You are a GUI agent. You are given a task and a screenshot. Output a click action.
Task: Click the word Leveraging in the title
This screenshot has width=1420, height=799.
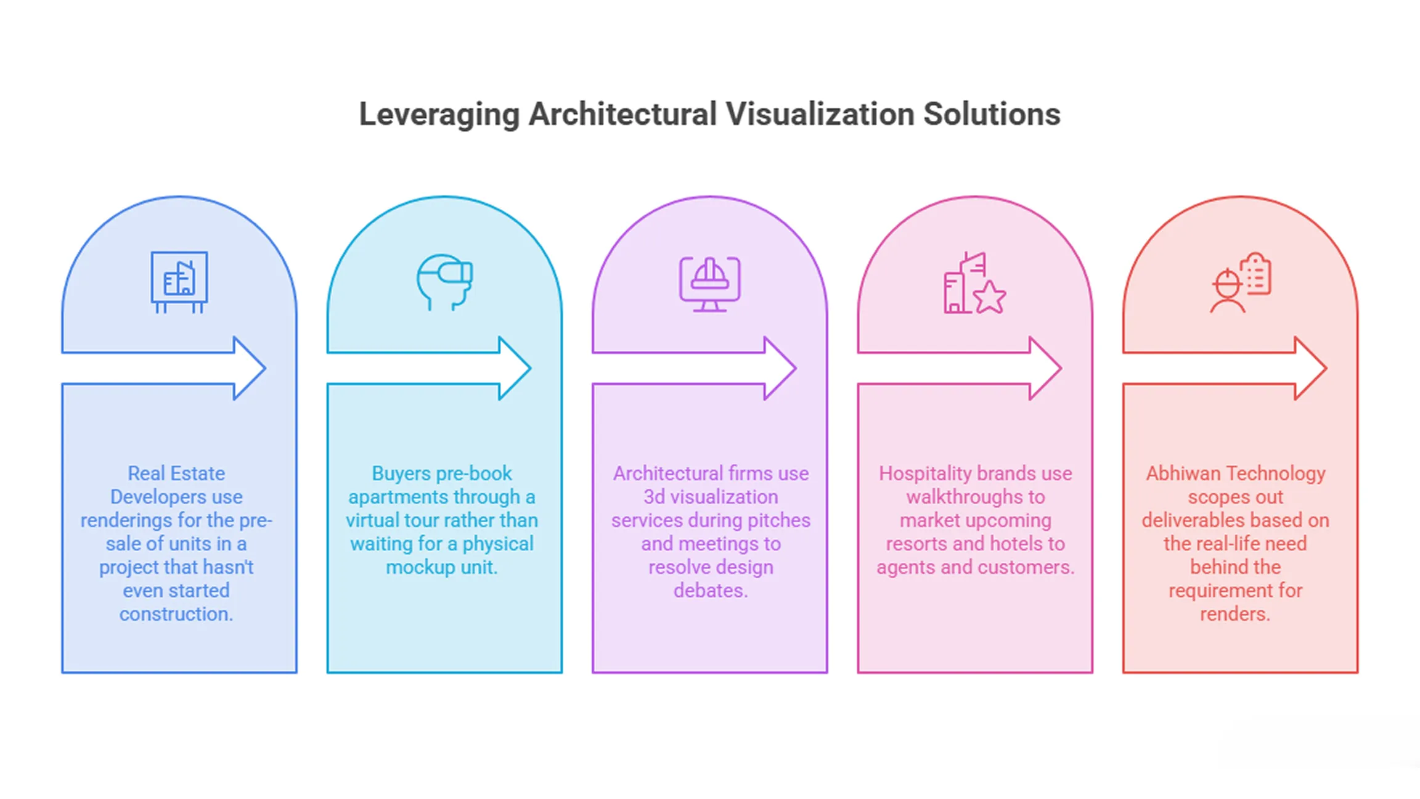pos(439,115)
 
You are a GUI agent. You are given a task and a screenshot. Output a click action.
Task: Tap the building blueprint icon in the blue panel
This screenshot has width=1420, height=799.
pos(179,282)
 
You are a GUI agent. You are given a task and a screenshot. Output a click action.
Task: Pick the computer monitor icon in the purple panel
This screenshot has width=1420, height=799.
pos(710,284)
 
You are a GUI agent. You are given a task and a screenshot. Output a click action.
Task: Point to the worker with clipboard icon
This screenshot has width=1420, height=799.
pos(1240,282)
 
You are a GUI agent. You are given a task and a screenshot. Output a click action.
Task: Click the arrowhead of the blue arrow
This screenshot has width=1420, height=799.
pos(250,368)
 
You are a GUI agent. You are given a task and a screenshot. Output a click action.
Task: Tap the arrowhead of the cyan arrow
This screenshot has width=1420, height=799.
pos(515,368)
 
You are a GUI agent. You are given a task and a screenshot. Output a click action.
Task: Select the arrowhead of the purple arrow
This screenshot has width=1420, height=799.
pos(780,368)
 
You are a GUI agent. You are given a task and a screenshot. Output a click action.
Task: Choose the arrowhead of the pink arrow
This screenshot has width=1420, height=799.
pos(1045,368)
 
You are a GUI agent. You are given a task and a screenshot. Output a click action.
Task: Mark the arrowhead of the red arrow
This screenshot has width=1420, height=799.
pos(1310,368)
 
